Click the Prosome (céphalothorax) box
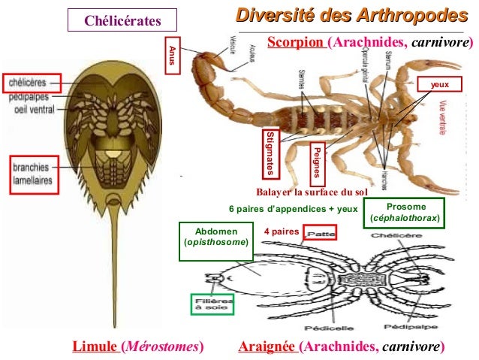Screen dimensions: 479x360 click(x=404, y=213)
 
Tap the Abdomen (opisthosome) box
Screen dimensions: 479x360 click(x=216, y=238)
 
